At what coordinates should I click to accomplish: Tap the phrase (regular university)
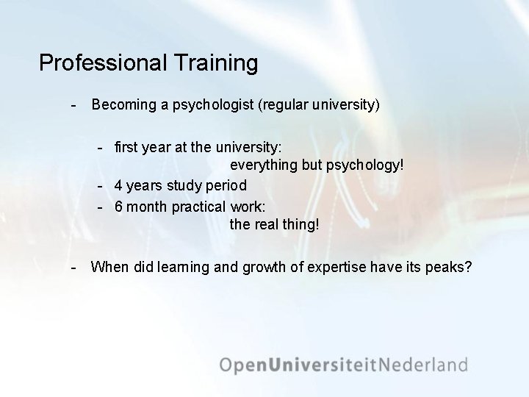pyautogui.click(x=318, y=105)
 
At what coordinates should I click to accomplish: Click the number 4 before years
pyautogui.click(x=118, y=185)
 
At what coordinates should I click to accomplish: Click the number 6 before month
pyautogui.click(x=118, y=206)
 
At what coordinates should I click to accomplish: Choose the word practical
pyautogui.click(x=199, y=206)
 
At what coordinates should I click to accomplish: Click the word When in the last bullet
pyautogui.click(x=109, y=266)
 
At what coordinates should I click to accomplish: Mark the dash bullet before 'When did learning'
pyautogui.click(x=73, y=266)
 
